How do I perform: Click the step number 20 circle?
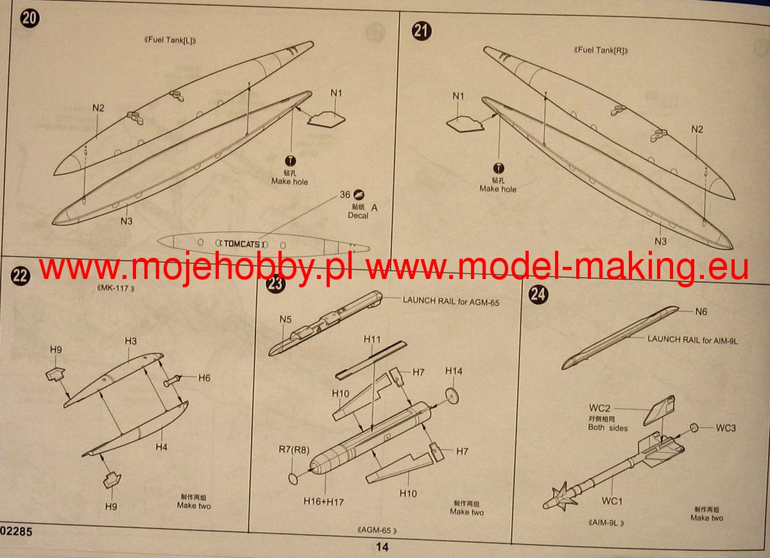pyautogui.click(x=30, y=18)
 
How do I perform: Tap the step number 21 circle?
pyautogui.click(x=422, y=31)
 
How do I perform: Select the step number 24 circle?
pyautogui.click(x=538, y=294)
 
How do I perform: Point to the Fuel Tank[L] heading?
pyautogui.click(x=170, y=40)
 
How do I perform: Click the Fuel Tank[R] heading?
pyautogui.click(x=601, y=50)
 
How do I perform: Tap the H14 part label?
pyautogui.click(x=454, y=371)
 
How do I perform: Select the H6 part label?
pyautogui.click(x=204, y=378)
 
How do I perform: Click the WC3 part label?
pyautogui.click(x=726, y=428)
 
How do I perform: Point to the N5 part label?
pyautogui.click(x=286, y=319)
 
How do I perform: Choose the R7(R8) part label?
pyautogui.click(x=294, y=450)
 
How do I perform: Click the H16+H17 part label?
pyautogui.click(x=323, y=502)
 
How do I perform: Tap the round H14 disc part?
pyautogui.click(x=452, y=396)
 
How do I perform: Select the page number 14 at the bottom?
pyautogui.click(x=382, y=546)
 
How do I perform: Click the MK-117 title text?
pyautogui.click(x=116, y=288)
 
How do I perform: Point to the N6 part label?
pyautogui.click(x=701, y=312)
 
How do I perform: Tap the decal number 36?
pyautogui.click(x=345, y=194)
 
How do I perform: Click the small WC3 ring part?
pyautogui.click(x=694, y=427)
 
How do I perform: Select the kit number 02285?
pyautogui.click(x=16, y=532)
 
